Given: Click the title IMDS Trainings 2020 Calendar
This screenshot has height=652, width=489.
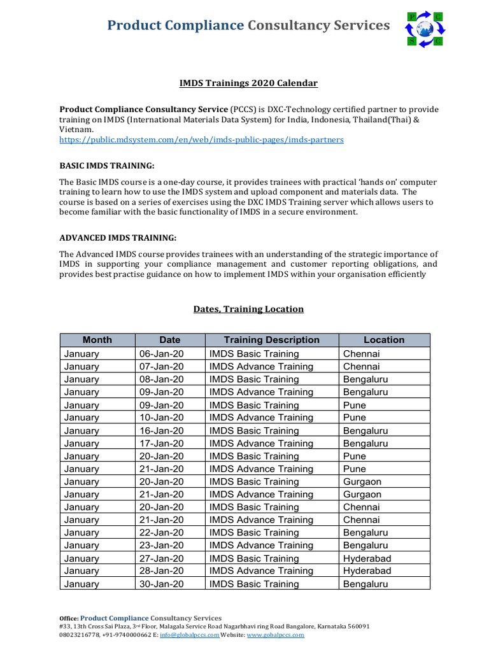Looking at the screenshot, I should click(248, 83).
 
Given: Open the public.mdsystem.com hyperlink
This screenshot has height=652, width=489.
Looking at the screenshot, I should click(201, 139).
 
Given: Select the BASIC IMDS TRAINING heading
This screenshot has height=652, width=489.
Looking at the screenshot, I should click(107, 166).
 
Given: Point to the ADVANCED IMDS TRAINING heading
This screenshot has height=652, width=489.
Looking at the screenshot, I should click(118, 237).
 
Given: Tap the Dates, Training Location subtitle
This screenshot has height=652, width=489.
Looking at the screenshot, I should click(248, 309).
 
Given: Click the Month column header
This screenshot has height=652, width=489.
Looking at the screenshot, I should click(97, 340).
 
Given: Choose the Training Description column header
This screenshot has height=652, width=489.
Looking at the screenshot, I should click(271, 340).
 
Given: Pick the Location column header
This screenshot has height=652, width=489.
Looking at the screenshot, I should click(384, 340).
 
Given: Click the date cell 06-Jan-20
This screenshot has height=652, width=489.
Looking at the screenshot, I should click(161, 354).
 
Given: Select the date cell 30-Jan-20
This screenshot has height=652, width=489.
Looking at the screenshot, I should click(161, 584).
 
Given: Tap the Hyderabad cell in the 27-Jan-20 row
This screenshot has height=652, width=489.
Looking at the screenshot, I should click(367, 558).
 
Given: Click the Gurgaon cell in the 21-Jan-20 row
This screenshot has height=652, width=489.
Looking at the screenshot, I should click(362, 494).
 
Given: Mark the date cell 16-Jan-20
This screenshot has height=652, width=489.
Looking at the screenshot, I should click(161, 430).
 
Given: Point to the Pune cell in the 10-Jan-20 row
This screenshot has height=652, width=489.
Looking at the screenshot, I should click(355, 418).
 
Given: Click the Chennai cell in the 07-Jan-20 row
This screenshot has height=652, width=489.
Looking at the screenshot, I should click(361, 367).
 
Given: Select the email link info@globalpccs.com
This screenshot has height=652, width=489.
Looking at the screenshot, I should click(189, 635).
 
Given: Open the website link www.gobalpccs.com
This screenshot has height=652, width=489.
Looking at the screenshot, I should click(275, 635).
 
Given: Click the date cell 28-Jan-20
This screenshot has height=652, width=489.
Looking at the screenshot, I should click(161, 571).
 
